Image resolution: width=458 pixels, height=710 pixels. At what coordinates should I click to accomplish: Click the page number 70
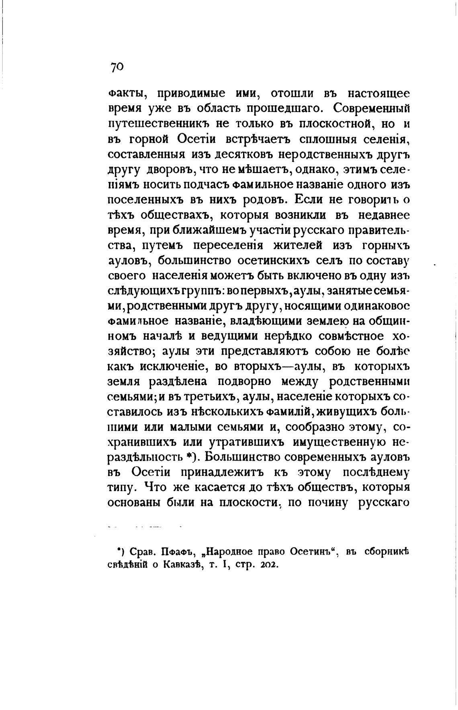click(117, 67)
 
